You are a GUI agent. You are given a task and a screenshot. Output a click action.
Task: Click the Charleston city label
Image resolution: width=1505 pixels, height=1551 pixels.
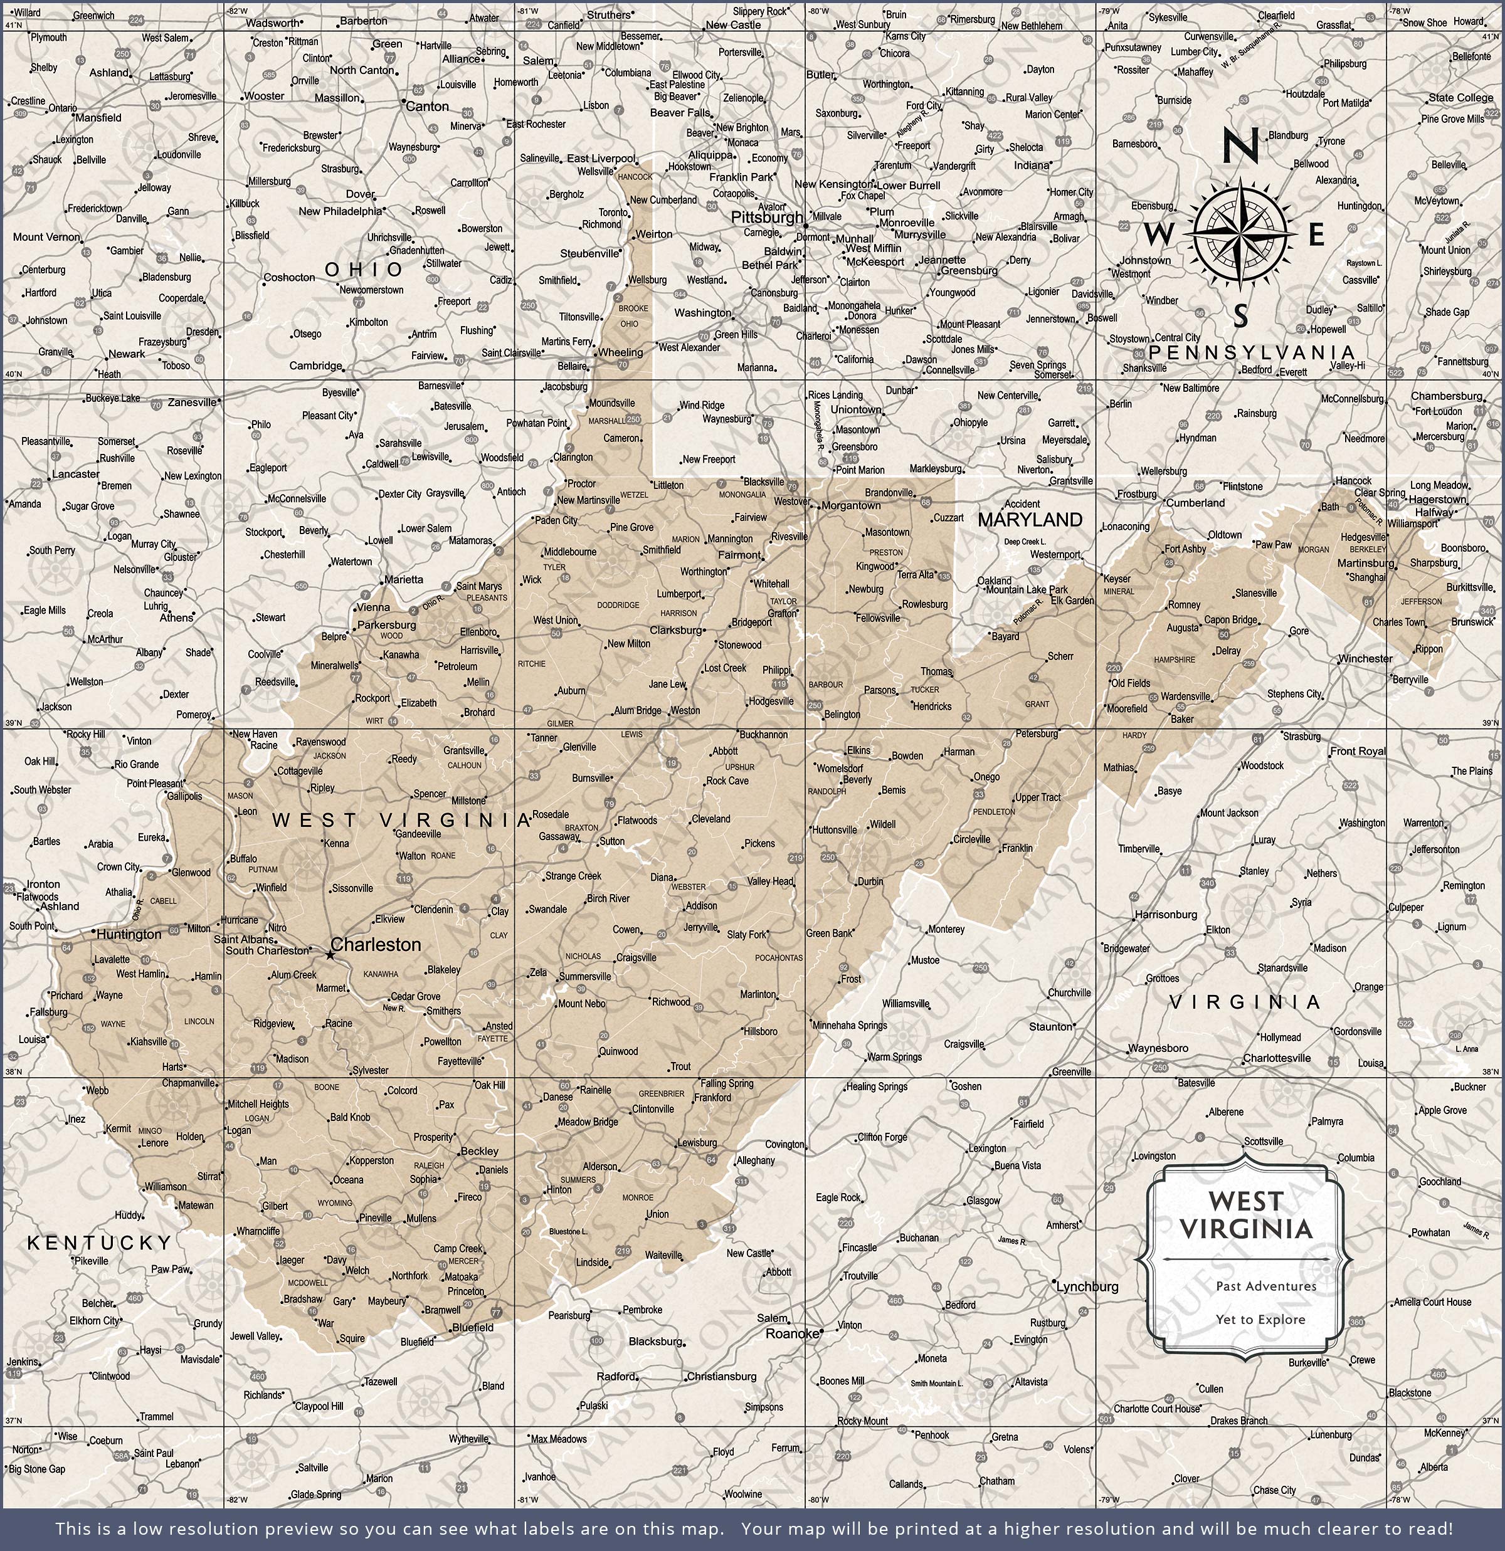tap(376, 944)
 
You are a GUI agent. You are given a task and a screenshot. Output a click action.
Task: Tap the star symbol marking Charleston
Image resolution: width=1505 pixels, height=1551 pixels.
tap(330, 956)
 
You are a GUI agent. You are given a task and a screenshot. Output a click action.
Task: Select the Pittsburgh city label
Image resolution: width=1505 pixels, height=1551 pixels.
tap(766, 217)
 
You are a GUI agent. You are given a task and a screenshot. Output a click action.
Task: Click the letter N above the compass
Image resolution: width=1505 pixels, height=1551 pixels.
tap(1240, 147)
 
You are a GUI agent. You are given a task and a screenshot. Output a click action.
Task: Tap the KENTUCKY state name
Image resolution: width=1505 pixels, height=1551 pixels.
tap(99, 1243)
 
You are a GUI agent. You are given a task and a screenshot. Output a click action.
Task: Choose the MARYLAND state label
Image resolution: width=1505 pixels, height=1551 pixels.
tap(1030, 519)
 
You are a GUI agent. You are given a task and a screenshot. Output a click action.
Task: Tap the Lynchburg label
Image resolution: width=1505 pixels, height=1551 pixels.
tap(1088, 1286)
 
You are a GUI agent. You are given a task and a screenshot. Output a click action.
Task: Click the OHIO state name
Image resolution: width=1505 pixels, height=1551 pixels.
tap(364, 270)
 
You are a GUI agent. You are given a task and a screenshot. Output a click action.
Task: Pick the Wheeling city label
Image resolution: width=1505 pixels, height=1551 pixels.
tap(621, 352)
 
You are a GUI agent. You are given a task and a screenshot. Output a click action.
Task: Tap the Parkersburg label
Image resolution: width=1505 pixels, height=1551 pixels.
tap(386, 624)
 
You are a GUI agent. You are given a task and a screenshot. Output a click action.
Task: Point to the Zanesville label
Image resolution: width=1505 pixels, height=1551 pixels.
tap(193, 402)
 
